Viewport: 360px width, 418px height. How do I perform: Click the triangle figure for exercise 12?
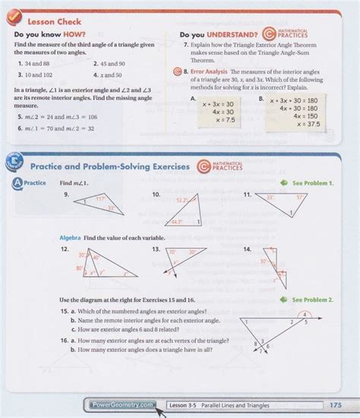[96, 266]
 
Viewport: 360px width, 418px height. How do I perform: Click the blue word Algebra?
[70, 239]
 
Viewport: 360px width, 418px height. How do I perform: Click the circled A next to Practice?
[16, 184]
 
